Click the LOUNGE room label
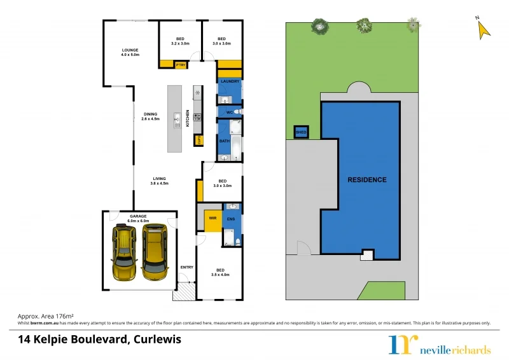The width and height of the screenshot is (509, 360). pyautogui.click(x=130, y=50)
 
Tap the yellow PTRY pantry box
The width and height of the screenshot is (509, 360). pyautogui.click(x=180, y=64)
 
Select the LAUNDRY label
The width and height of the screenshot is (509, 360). pyautogui.click(x=230, y=81)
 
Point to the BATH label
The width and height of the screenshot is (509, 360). pyautogui.click(x=224, y=141)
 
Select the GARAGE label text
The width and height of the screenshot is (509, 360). pyautogui.click(x=139, y=216)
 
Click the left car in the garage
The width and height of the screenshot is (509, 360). pyautogui.click(x=125, y=253)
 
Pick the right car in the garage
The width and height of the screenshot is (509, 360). pyautogui.click(x=155, y=252)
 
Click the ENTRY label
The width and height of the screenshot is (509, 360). pyautogui.click(x=186, y=267)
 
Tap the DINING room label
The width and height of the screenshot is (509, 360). pyautogui.click(x=150, y=114)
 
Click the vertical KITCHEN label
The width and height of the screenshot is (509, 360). pyautogui.click(x=188, y=118)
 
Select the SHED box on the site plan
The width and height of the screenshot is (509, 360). pyautogui.click(x=301, y=132)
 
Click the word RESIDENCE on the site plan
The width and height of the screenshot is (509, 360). pyautogui.click(x=366, y=180)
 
